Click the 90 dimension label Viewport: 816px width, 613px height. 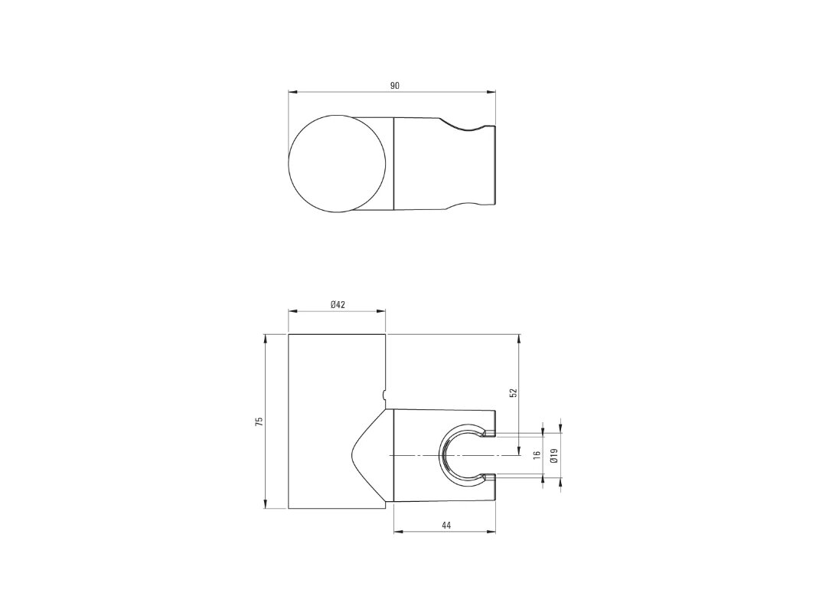(x=394, y=85)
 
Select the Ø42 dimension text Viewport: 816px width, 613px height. (x=338, y=305)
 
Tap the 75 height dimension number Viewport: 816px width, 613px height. (x=259, y=421)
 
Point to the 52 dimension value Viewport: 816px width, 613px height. (x=512, y=392)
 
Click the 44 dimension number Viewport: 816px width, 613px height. (x=446, y=526)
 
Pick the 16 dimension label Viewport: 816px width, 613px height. (x=537, y=454)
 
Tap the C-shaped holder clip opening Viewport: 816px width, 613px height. (x=442, y=455)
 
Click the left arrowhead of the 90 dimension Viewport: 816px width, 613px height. (x=292, y=93)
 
